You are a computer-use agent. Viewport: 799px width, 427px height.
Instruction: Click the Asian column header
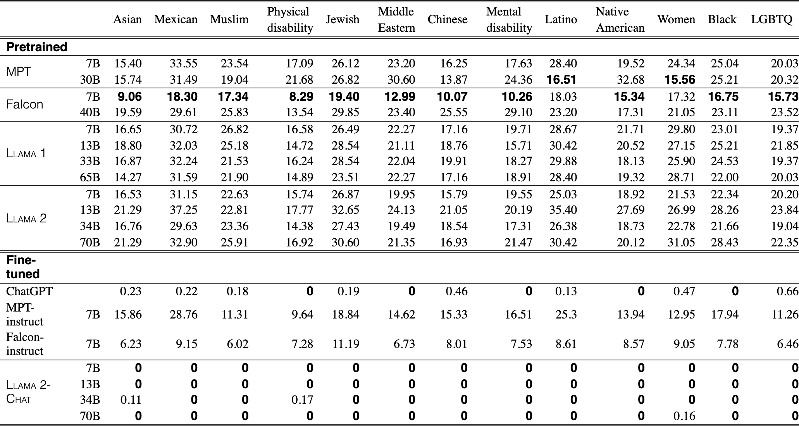click(127, 19)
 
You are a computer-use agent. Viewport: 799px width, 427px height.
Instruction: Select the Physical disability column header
click(290, 20)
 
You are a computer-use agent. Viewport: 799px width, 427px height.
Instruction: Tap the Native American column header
click(620, 20)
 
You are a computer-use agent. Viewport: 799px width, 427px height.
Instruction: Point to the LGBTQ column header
click(771, 19)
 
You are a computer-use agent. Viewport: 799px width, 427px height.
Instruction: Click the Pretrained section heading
click(37, 47)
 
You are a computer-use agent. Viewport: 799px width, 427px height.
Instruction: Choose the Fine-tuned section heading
click(23, 267)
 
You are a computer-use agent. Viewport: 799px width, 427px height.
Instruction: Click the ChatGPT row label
click(29, 291)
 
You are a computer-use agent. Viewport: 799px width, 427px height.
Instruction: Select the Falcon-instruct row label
click(25, 344)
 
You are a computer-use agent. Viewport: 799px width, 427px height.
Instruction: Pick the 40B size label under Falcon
click(90, 112)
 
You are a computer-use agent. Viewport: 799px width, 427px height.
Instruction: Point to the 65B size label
click(90, 177)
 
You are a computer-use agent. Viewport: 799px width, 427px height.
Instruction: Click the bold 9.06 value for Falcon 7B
click(130, 96)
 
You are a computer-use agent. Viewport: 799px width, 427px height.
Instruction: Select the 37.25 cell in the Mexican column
click(184, 210)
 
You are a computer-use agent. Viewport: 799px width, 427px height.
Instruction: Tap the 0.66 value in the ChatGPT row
click(788, 291)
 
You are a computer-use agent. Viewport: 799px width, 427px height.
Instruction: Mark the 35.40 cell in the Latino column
click(563, 210)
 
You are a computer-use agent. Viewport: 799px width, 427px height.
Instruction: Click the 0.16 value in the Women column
click(684, 416)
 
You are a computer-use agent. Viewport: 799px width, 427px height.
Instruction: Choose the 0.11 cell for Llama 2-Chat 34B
click(131, 400)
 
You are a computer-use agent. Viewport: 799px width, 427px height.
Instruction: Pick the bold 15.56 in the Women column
click(680, 80)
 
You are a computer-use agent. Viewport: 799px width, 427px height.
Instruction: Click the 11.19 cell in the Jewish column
click(346, 344)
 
